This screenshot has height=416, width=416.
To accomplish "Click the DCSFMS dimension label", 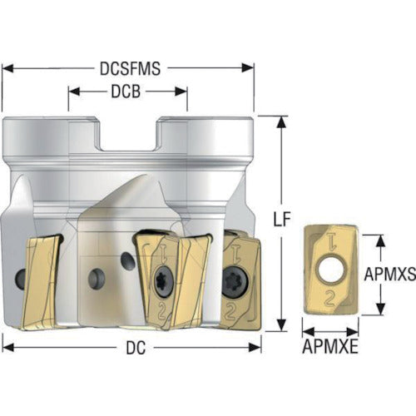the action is click(130, 68).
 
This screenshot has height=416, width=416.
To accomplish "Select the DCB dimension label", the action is click(126, 92).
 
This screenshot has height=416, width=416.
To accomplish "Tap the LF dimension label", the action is click(282, 219).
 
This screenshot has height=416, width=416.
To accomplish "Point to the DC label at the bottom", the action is click(136, 348).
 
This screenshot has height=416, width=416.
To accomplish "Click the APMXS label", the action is click(389, 274).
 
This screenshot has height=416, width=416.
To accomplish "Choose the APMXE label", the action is click(330, 346).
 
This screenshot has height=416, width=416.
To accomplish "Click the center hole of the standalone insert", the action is click(331, 270).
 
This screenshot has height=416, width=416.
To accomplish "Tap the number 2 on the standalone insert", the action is click(329, 299).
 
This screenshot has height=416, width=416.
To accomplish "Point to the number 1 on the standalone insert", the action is click(331, 242).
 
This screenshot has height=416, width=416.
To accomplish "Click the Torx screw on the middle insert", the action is click(164, 281).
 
